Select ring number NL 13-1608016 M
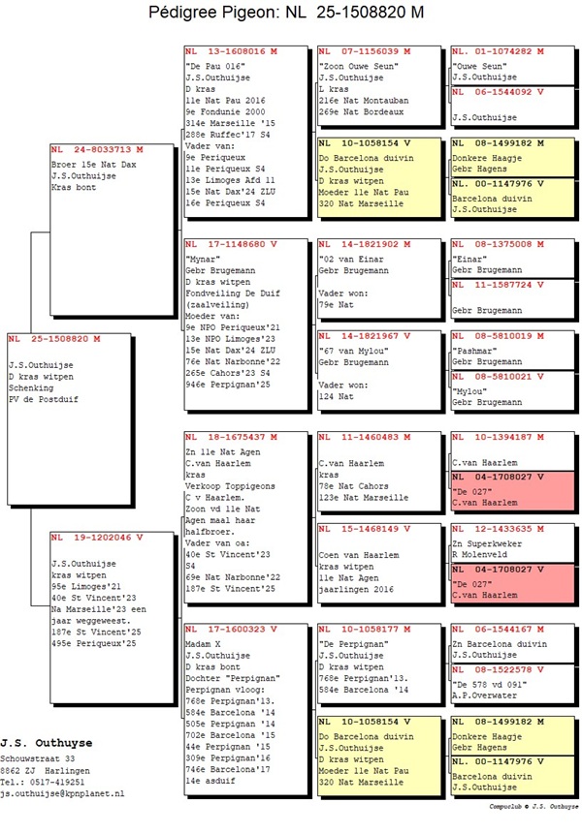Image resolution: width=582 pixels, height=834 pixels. coord(231,50)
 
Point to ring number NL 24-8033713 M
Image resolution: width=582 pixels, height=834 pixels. coord(97,150)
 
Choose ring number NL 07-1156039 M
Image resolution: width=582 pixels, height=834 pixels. coord(365,50)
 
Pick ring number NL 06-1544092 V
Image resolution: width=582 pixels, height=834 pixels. coord(499,92)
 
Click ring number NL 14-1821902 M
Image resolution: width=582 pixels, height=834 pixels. coord(365,245)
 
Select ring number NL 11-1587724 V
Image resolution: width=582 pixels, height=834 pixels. coord(499,286)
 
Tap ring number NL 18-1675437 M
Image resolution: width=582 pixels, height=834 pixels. coord(231,438)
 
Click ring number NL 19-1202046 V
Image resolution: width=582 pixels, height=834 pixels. coord(97,536)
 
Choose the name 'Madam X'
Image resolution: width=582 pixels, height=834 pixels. coord(206,642)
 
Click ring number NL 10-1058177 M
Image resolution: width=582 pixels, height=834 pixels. coord(365,629)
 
